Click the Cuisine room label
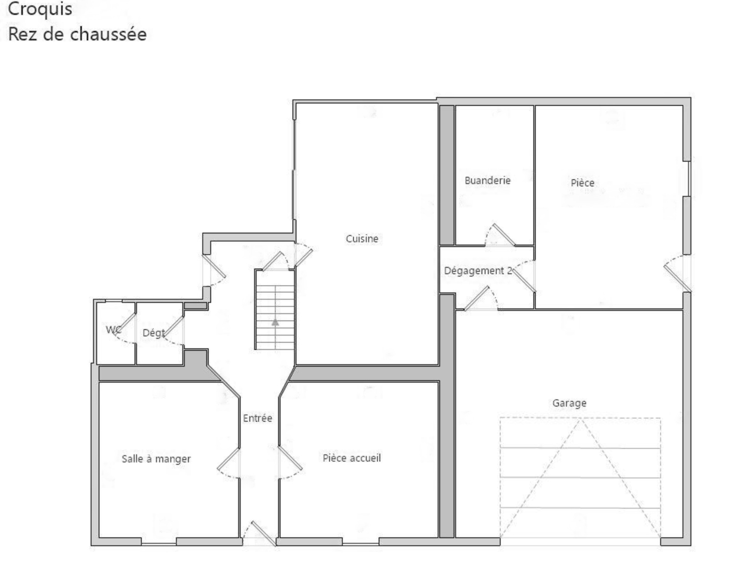point(362,238)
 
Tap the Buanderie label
point(488,180)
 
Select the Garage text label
point(569,403)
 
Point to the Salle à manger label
point(156,459)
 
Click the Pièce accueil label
point(352,458)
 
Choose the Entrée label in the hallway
point(258,418)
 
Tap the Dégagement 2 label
point(478,270)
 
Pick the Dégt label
point(154,333)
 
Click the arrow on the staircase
point(275,322)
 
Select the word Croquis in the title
point(40,9)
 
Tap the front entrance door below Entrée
point(263,533)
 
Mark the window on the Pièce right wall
point(688,179)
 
